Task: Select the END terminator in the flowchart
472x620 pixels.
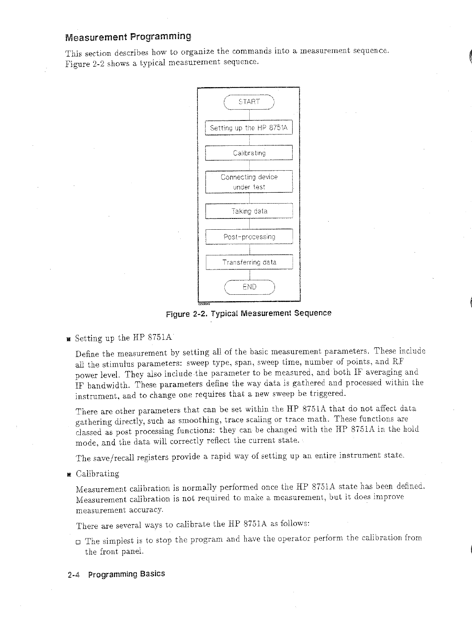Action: click(x=249, y=287)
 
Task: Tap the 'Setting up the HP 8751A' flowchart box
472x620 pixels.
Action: click(x=249, y=128)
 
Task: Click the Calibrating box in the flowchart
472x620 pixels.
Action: click(x=249, y=153)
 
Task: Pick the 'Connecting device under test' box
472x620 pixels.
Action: click(x=249, y=182)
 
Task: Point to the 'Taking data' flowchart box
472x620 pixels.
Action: click(x=249, y=211)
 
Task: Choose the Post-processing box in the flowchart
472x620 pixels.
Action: click(x=249, y=237)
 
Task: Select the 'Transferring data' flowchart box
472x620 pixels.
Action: click(x=249, y=262)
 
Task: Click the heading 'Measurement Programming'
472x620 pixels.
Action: click(x=128, y=38)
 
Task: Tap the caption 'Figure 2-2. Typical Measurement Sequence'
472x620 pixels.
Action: click(x=249, y=313)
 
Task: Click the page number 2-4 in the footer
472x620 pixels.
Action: click(x=74, y=575)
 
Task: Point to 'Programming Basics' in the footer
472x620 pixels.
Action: click(x=126, y=574)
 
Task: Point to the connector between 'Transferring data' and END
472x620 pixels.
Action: click(x=249, y=274)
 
